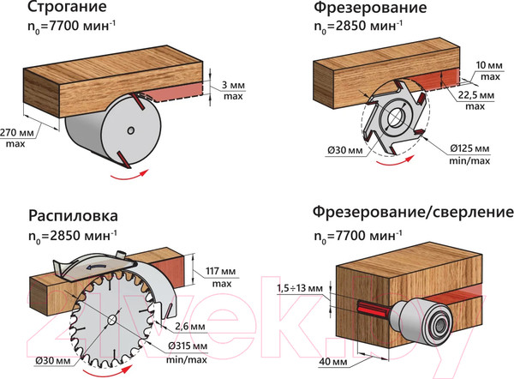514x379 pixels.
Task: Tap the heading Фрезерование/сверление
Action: [x=413, y=211]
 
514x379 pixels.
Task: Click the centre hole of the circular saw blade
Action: [x=113, y=320]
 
